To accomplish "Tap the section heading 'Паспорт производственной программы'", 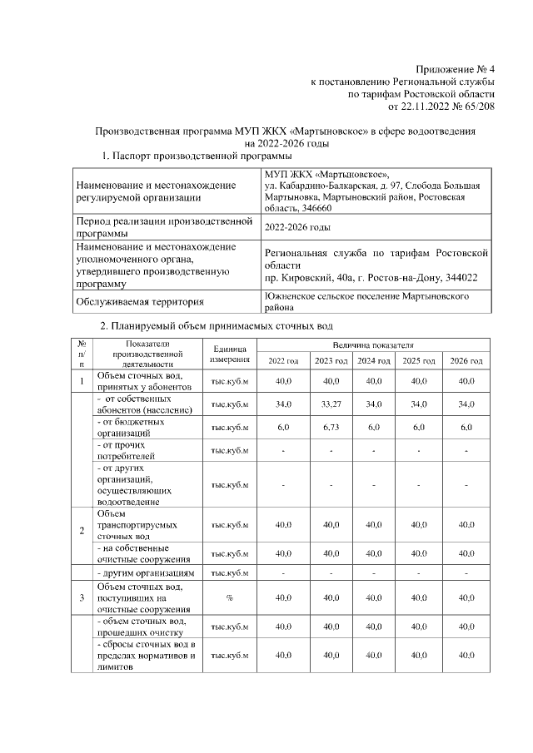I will tap(203, 156).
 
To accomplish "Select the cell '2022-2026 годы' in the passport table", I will tap(296, 227).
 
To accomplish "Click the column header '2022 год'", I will tap(283, 360).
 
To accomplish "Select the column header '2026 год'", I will tap(466, 360).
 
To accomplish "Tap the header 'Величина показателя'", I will tap(374, 344).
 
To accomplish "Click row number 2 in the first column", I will tap(82, 531).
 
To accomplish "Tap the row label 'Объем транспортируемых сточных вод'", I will tap(132, 525).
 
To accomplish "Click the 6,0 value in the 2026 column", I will tap(466, 427).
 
